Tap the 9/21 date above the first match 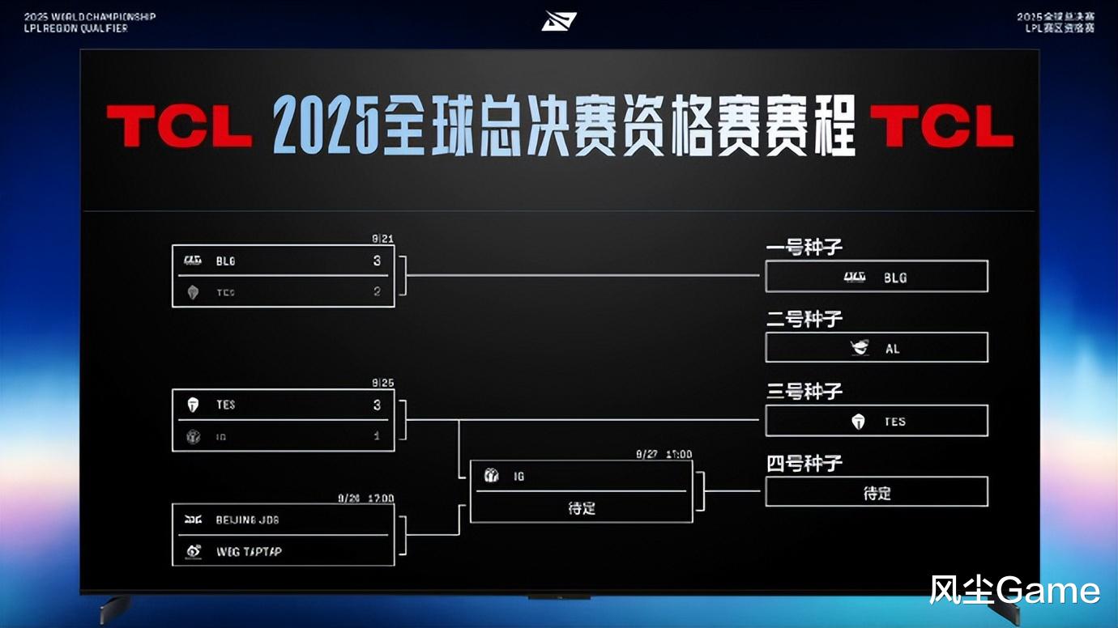pyautogui.click(x=382, y=240)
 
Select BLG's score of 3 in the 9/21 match pyautogui.click(x=377, y=261)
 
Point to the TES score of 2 pyautogui.click(x=377, y=291)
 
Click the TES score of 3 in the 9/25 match pyautogui.click(x=377, y=405)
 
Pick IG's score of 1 pyautogui.click(x=377, y=435)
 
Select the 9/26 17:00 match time pyautogui.click(x=365, y=499)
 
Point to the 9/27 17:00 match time pyautogui.click(x=664, y=455)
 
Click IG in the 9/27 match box pyautogui.click(x=518, y=477)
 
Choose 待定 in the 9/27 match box pyautogui.click(x=582, y=508)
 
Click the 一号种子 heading pyautogui.click(x=804, y=248)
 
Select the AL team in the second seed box pyautogui.click(x=892, y=349)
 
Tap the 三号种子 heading pyautogui.click(x=804, y=392)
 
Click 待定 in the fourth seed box pyautogui.click(x=877, y=493)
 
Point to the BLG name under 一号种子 pyautogui.click(x=895, y=278)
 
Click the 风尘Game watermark pyautogui.click(x=1014, y=591)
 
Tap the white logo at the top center pyautogui.click(x=559, y=20)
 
